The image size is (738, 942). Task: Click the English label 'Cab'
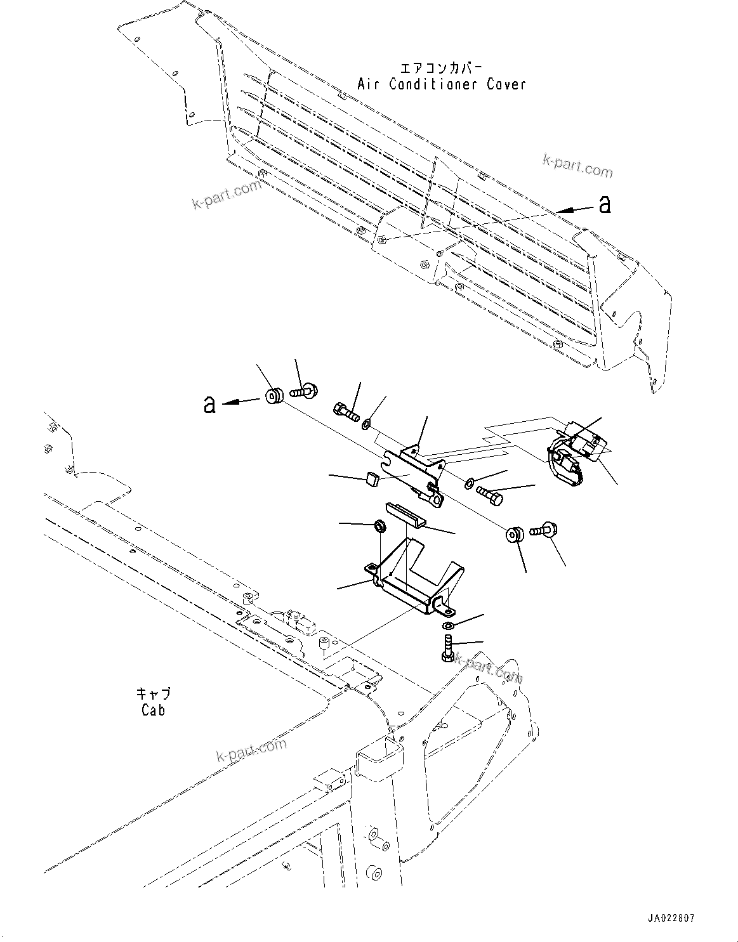pyautogui.click(x=153, y=710)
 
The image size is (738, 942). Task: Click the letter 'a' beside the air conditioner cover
pyautogui.click(x=605, y=204)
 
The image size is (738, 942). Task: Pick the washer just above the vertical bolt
pyautogui.click(x=448, y=627)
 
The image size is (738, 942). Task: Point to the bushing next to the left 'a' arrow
pyautogui.click(x=274, y=396)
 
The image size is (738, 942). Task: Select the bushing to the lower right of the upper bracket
pyautogui.click(x=515, y=534)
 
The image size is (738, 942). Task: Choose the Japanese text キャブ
pyautogui.click(x=153, y=694)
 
